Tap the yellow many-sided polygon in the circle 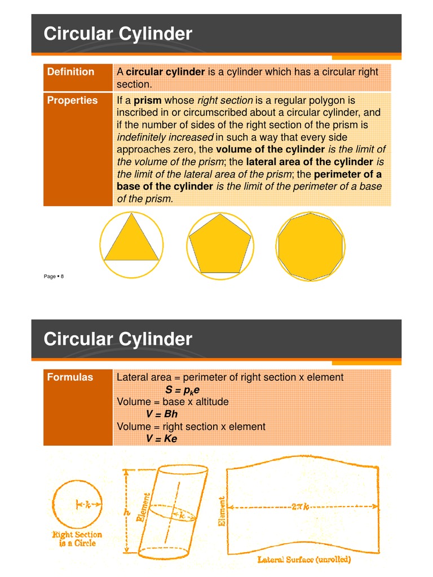coord(310,246)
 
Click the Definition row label coord(70,72)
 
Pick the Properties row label coord(72,101)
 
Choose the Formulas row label coord(70,378)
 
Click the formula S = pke coord(183,390)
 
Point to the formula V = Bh coord(162,414)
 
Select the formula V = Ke coord(162,439)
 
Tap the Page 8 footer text coord(54,276)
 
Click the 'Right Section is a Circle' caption coord(77,539)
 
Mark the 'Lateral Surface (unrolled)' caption coord(304,560)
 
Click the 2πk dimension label coord(299,507)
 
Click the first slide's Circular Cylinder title coord(118,34)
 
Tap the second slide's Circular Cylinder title coord(118,340)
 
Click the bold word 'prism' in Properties coord(148,101)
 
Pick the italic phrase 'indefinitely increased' coord(165,137)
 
